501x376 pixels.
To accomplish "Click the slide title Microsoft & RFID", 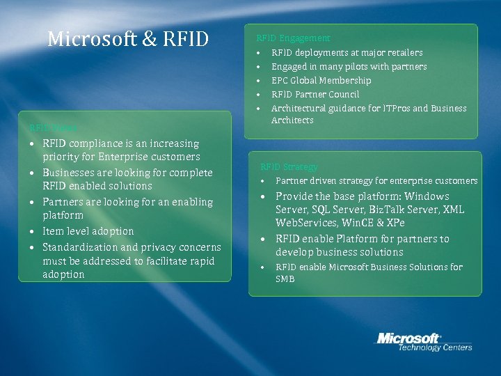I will (128, 39).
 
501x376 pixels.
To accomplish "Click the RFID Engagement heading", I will (293, 38).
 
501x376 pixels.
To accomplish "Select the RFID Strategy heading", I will (289, 167).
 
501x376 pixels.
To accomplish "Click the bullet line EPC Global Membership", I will (321, 81).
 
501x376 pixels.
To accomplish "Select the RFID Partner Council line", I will (315, 95).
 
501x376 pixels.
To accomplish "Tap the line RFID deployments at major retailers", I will (347, 53).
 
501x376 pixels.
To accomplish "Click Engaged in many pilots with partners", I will (349, 67).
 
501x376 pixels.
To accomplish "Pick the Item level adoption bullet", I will (88, 231).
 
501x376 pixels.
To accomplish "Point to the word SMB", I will (285, 279).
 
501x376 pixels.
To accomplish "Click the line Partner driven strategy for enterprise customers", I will (376, 181).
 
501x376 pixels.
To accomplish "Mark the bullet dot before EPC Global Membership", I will (257, 81).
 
